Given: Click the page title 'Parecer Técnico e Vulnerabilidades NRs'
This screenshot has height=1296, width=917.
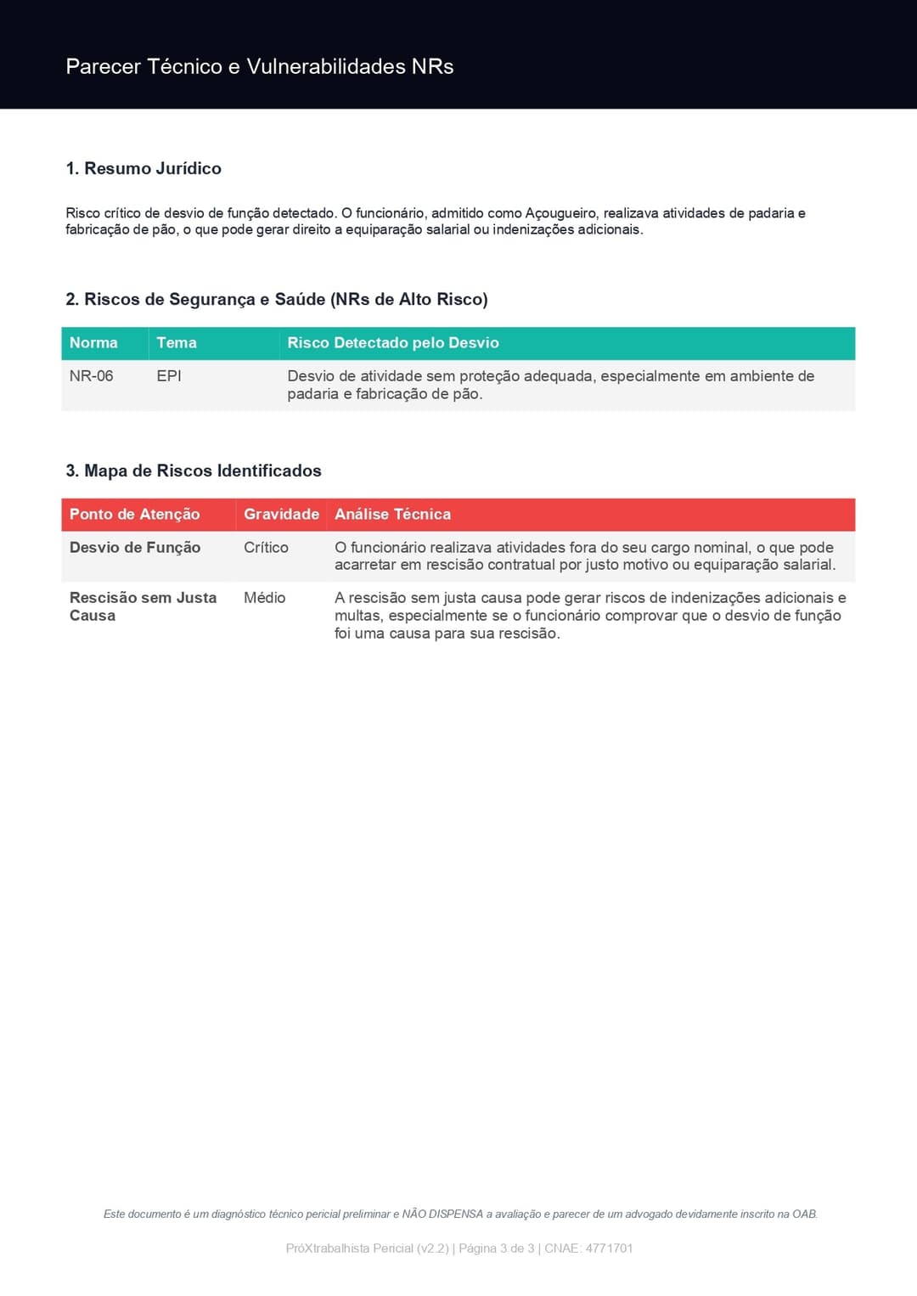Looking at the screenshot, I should coord(259,66).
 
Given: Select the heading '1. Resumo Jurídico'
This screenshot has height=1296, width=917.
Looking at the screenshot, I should coord(143,168).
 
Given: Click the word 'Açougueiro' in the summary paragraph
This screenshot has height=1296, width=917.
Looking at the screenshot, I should coord(560,213).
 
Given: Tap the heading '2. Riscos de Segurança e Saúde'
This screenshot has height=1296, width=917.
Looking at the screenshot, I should coord(276,299).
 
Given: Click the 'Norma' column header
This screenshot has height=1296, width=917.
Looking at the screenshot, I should coord(93,343).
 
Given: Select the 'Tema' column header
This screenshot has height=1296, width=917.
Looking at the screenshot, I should coord(177,343).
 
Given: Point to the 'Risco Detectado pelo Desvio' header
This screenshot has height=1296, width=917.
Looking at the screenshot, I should coord(393,343).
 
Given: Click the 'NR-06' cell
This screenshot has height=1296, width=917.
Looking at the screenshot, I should coord(92,376).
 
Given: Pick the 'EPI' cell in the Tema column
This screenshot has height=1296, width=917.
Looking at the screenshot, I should coord(169,376).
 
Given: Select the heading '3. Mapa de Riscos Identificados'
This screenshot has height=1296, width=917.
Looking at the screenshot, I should coord(194,471).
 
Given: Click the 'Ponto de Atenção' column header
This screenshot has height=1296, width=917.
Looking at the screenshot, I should coord(134,515).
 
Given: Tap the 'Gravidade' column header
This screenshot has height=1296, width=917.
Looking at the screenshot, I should coord(281,515).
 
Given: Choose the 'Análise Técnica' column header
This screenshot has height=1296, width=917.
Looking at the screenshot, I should coord(392,515).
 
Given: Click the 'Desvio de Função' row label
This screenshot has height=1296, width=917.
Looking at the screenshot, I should coord(135,548).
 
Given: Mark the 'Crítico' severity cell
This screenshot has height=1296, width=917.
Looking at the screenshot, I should coord(266,548).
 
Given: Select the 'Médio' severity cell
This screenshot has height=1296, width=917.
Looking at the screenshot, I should coord(264,598).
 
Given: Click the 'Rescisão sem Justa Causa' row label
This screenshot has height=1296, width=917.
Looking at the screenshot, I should coord(143,606).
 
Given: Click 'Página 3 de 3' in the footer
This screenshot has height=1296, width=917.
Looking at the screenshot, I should coord(497,1248).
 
